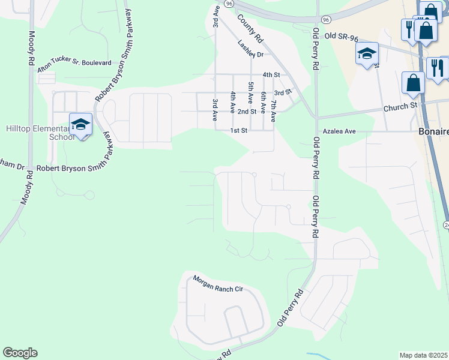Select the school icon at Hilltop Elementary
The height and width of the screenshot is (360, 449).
(80, 124)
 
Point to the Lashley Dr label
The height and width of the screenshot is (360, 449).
(250, 49)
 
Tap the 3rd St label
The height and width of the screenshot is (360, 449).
(283, 92)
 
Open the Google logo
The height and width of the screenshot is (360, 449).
(20, 353)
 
